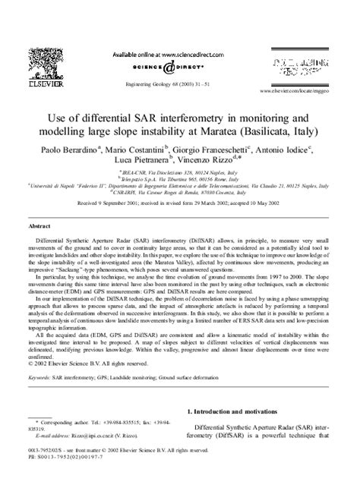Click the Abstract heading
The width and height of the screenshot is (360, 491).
click(x=39, y=226)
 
